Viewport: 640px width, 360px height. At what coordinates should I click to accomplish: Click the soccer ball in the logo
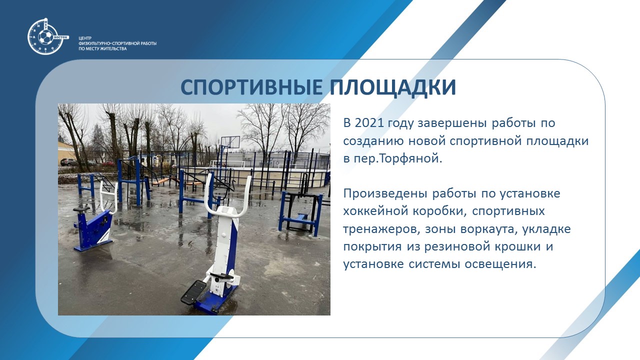(45, 37)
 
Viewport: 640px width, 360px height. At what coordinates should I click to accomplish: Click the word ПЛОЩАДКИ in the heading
(393, 87)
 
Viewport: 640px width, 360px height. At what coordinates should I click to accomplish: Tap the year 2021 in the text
(371, 123)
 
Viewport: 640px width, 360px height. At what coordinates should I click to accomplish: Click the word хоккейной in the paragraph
(375, 211)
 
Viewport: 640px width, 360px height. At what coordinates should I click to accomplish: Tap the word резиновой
(456, 246)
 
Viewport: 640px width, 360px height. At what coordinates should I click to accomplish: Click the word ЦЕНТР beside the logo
(85, 38)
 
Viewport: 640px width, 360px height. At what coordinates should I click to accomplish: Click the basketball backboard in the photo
(230, 142)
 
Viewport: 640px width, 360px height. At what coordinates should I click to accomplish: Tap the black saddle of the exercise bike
(81, 209)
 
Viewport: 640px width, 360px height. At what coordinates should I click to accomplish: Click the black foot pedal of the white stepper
(193, 292)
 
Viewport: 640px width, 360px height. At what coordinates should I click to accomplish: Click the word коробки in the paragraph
(440, 211)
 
